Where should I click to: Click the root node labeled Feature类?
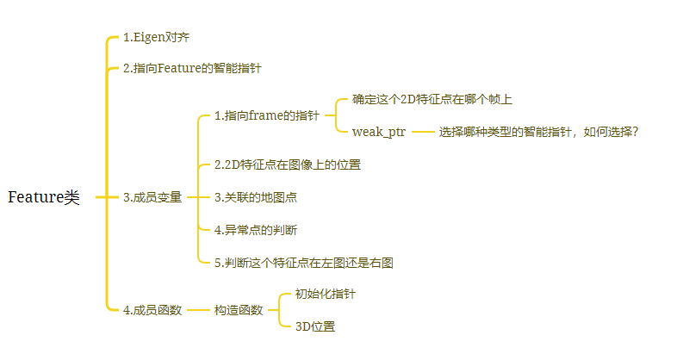(x=43, y=197)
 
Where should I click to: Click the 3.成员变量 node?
(x=152, y=197)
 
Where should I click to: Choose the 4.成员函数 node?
(x=152, y=310)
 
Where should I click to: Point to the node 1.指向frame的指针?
(x=266, y=115)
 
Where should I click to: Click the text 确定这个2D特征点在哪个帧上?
(x=432, y=99)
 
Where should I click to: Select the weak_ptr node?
(x=379, y=132)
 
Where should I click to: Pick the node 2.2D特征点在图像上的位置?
(x=288, y=164)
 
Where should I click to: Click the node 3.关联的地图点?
(x=257, y=197)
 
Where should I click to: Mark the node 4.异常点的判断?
(x=257, y=230)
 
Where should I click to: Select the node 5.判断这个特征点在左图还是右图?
(x=304, y=263)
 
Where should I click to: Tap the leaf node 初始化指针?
(x=326, y=295)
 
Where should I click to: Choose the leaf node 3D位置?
(x=314, y=326)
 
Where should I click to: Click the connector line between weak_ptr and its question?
(x=422, y=132)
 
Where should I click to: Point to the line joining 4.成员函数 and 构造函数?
(x=198, y=310)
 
